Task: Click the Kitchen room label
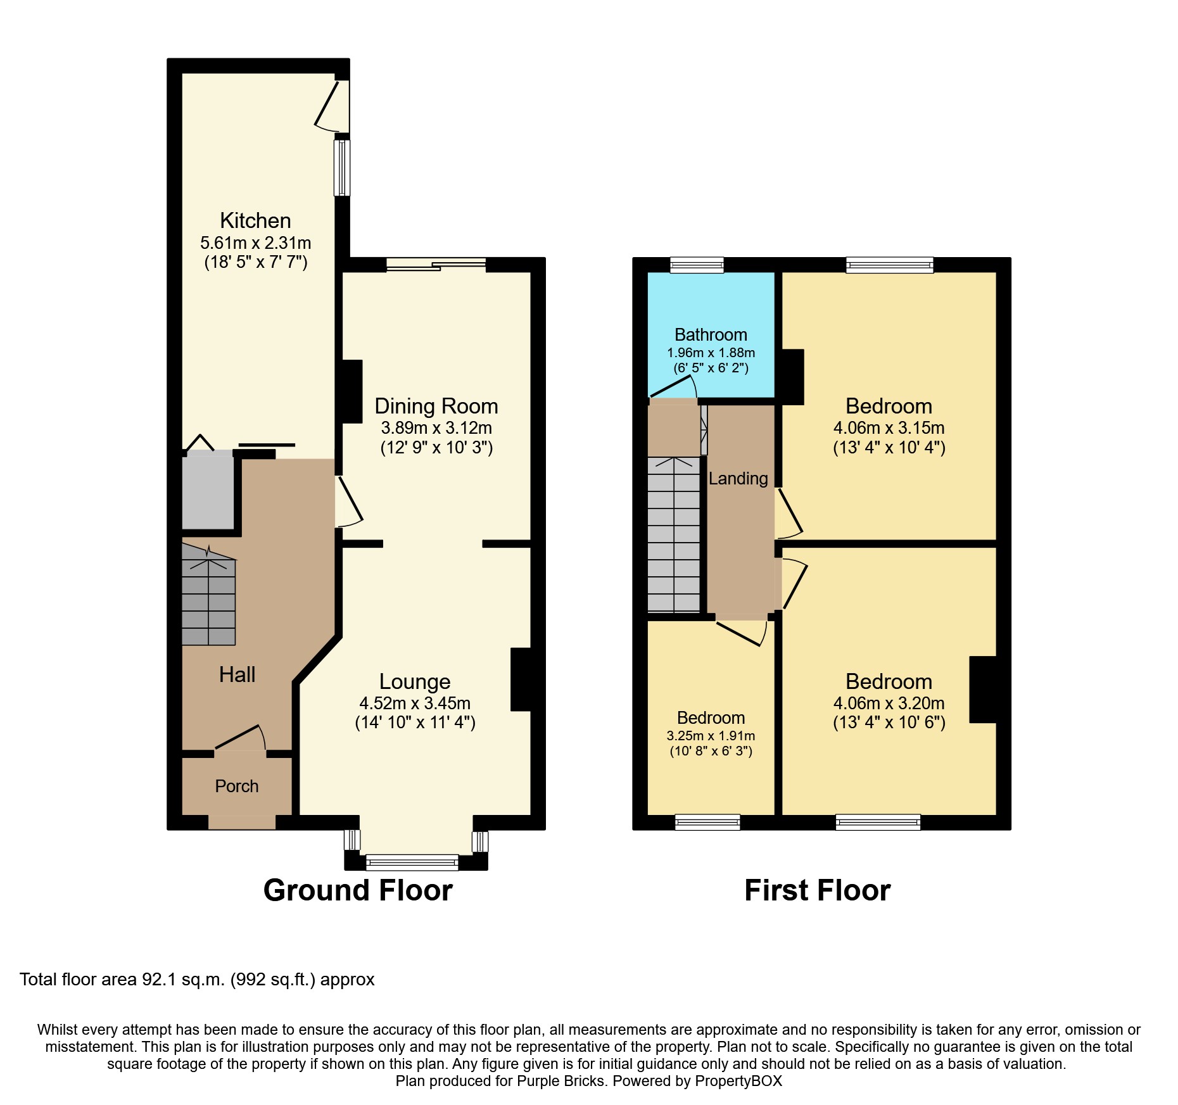[x=255, y=220]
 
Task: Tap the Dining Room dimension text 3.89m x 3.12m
[x=436, y=427]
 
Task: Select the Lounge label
[x=415, y=681]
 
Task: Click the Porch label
[x=237, y=786]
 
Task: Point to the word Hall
[x=237, y=674]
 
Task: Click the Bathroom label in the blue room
[x=711, y=334]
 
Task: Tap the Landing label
[x=738, y=479]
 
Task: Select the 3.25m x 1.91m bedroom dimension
[x=711, y=736]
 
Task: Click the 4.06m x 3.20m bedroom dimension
[x=889, y=703]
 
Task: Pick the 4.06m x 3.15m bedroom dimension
[x=889, y=427]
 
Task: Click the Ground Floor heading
[x=358, y=890]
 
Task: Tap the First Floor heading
[x=817, y=890]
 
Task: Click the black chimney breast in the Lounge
[x=520, y=679]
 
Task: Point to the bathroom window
[x=697, y=265]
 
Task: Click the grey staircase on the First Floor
[x=673, y=535]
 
